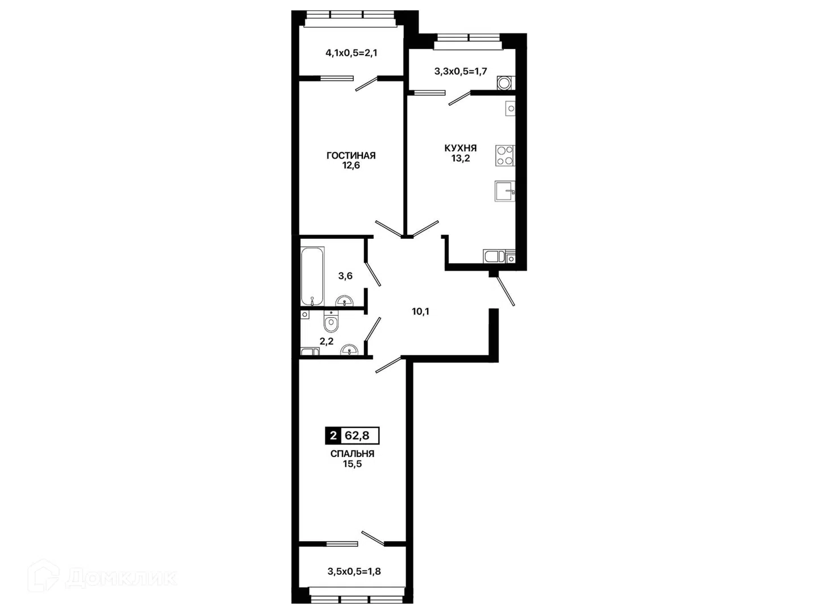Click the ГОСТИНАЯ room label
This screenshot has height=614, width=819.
(351, 155)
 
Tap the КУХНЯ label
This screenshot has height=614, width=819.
(461, 148)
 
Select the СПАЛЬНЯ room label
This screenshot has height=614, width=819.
(352, 454)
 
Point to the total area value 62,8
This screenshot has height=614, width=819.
(357, 435)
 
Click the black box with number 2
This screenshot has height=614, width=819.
(333, 435)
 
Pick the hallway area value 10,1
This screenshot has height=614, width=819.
(420, 312)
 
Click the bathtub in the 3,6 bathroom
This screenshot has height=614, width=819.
(313, 276)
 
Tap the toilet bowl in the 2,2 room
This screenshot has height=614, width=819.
(330, 322)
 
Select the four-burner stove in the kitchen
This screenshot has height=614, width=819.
(505, 155)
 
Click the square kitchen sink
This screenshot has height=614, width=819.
(505, 191)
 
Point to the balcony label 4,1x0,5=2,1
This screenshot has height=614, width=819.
(351, 53)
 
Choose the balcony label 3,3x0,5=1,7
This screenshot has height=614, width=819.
(461, 71)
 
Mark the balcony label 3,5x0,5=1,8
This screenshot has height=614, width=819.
(354, 582)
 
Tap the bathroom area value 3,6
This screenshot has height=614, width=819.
(345, 276)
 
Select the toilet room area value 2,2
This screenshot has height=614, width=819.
(326, 341)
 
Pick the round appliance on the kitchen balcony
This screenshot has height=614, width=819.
(505, 83)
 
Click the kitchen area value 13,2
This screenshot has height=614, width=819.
(461, 158)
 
